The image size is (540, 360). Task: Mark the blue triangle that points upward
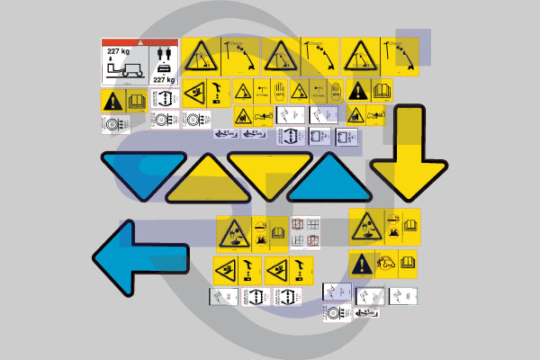click(328, 180)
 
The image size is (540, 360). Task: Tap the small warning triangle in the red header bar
click(139, 42)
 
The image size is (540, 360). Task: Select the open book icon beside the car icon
click(408, 263)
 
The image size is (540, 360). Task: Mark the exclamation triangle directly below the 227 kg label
click(113, 100)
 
